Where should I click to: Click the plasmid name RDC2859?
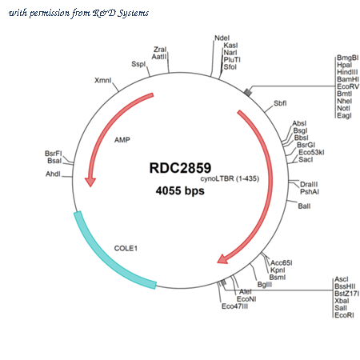[x=180, y=168]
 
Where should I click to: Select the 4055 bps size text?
[x=180, y=190]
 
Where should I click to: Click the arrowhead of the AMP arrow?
[x=90, y=182]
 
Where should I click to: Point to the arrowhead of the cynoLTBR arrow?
[x=222, y=259]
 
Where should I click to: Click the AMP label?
[x=122, y=140]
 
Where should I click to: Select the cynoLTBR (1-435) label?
[x=230, y=178]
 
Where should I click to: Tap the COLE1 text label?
[x=126, y=248]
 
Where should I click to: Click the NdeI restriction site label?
[x=222, y=38]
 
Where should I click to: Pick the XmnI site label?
[x=103, y=80]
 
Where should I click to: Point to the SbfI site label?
[x=280, y=103]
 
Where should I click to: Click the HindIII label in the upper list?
[x=347, y=72]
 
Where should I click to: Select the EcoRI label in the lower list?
[x=344, y=315]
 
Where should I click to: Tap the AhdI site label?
[x=53, y=174]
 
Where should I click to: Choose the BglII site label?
[x=265, y=285]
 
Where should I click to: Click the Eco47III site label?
[x=234, y=306]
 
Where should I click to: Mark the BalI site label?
[x=304, y=206]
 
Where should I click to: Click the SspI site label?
[x=138, y=64]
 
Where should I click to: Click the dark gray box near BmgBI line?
[x=248, y=92]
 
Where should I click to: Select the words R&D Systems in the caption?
[x=121, y=13]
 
